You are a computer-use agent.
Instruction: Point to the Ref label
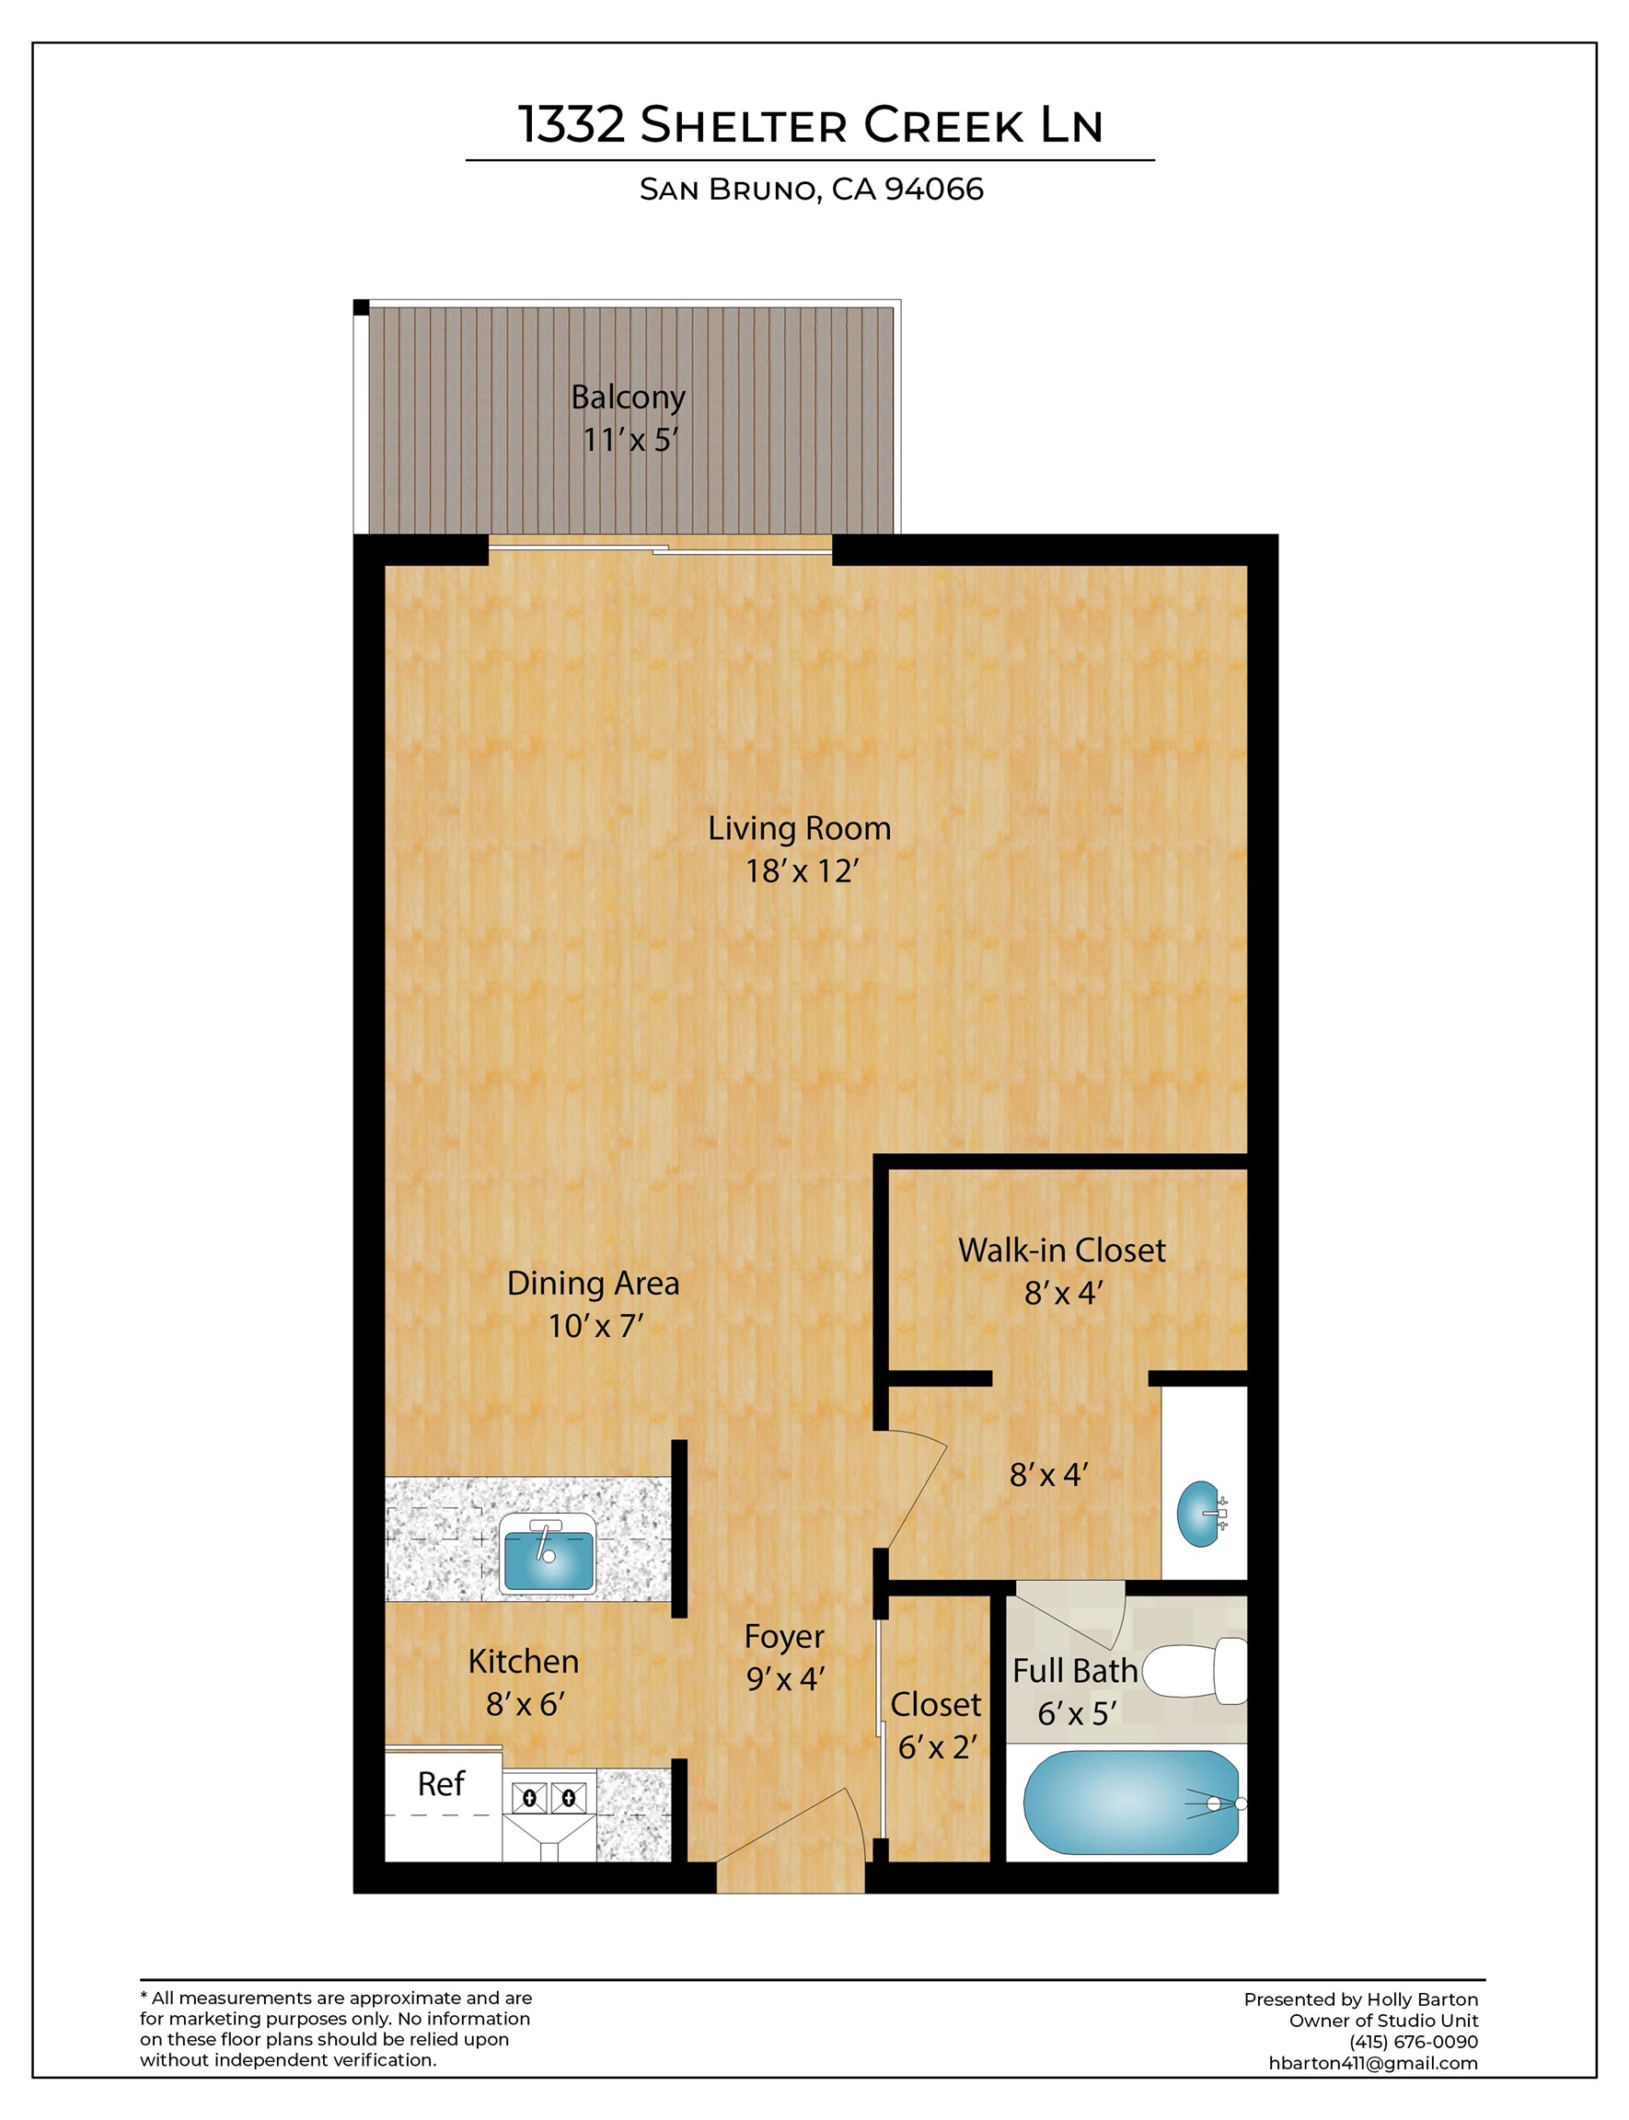[440, 1783]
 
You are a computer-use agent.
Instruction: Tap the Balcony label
[628, 397]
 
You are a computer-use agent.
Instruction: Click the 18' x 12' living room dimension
[802, 871]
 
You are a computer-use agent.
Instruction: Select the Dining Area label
[593, 1284]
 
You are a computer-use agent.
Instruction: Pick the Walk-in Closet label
[1062, 1250]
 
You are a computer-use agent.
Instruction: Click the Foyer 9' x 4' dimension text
[784, 1679]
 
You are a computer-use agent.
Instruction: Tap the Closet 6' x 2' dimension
[937, 1747]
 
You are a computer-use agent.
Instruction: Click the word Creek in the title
[943, 125]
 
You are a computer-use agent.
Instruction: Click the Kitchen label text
[524, 1662]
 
